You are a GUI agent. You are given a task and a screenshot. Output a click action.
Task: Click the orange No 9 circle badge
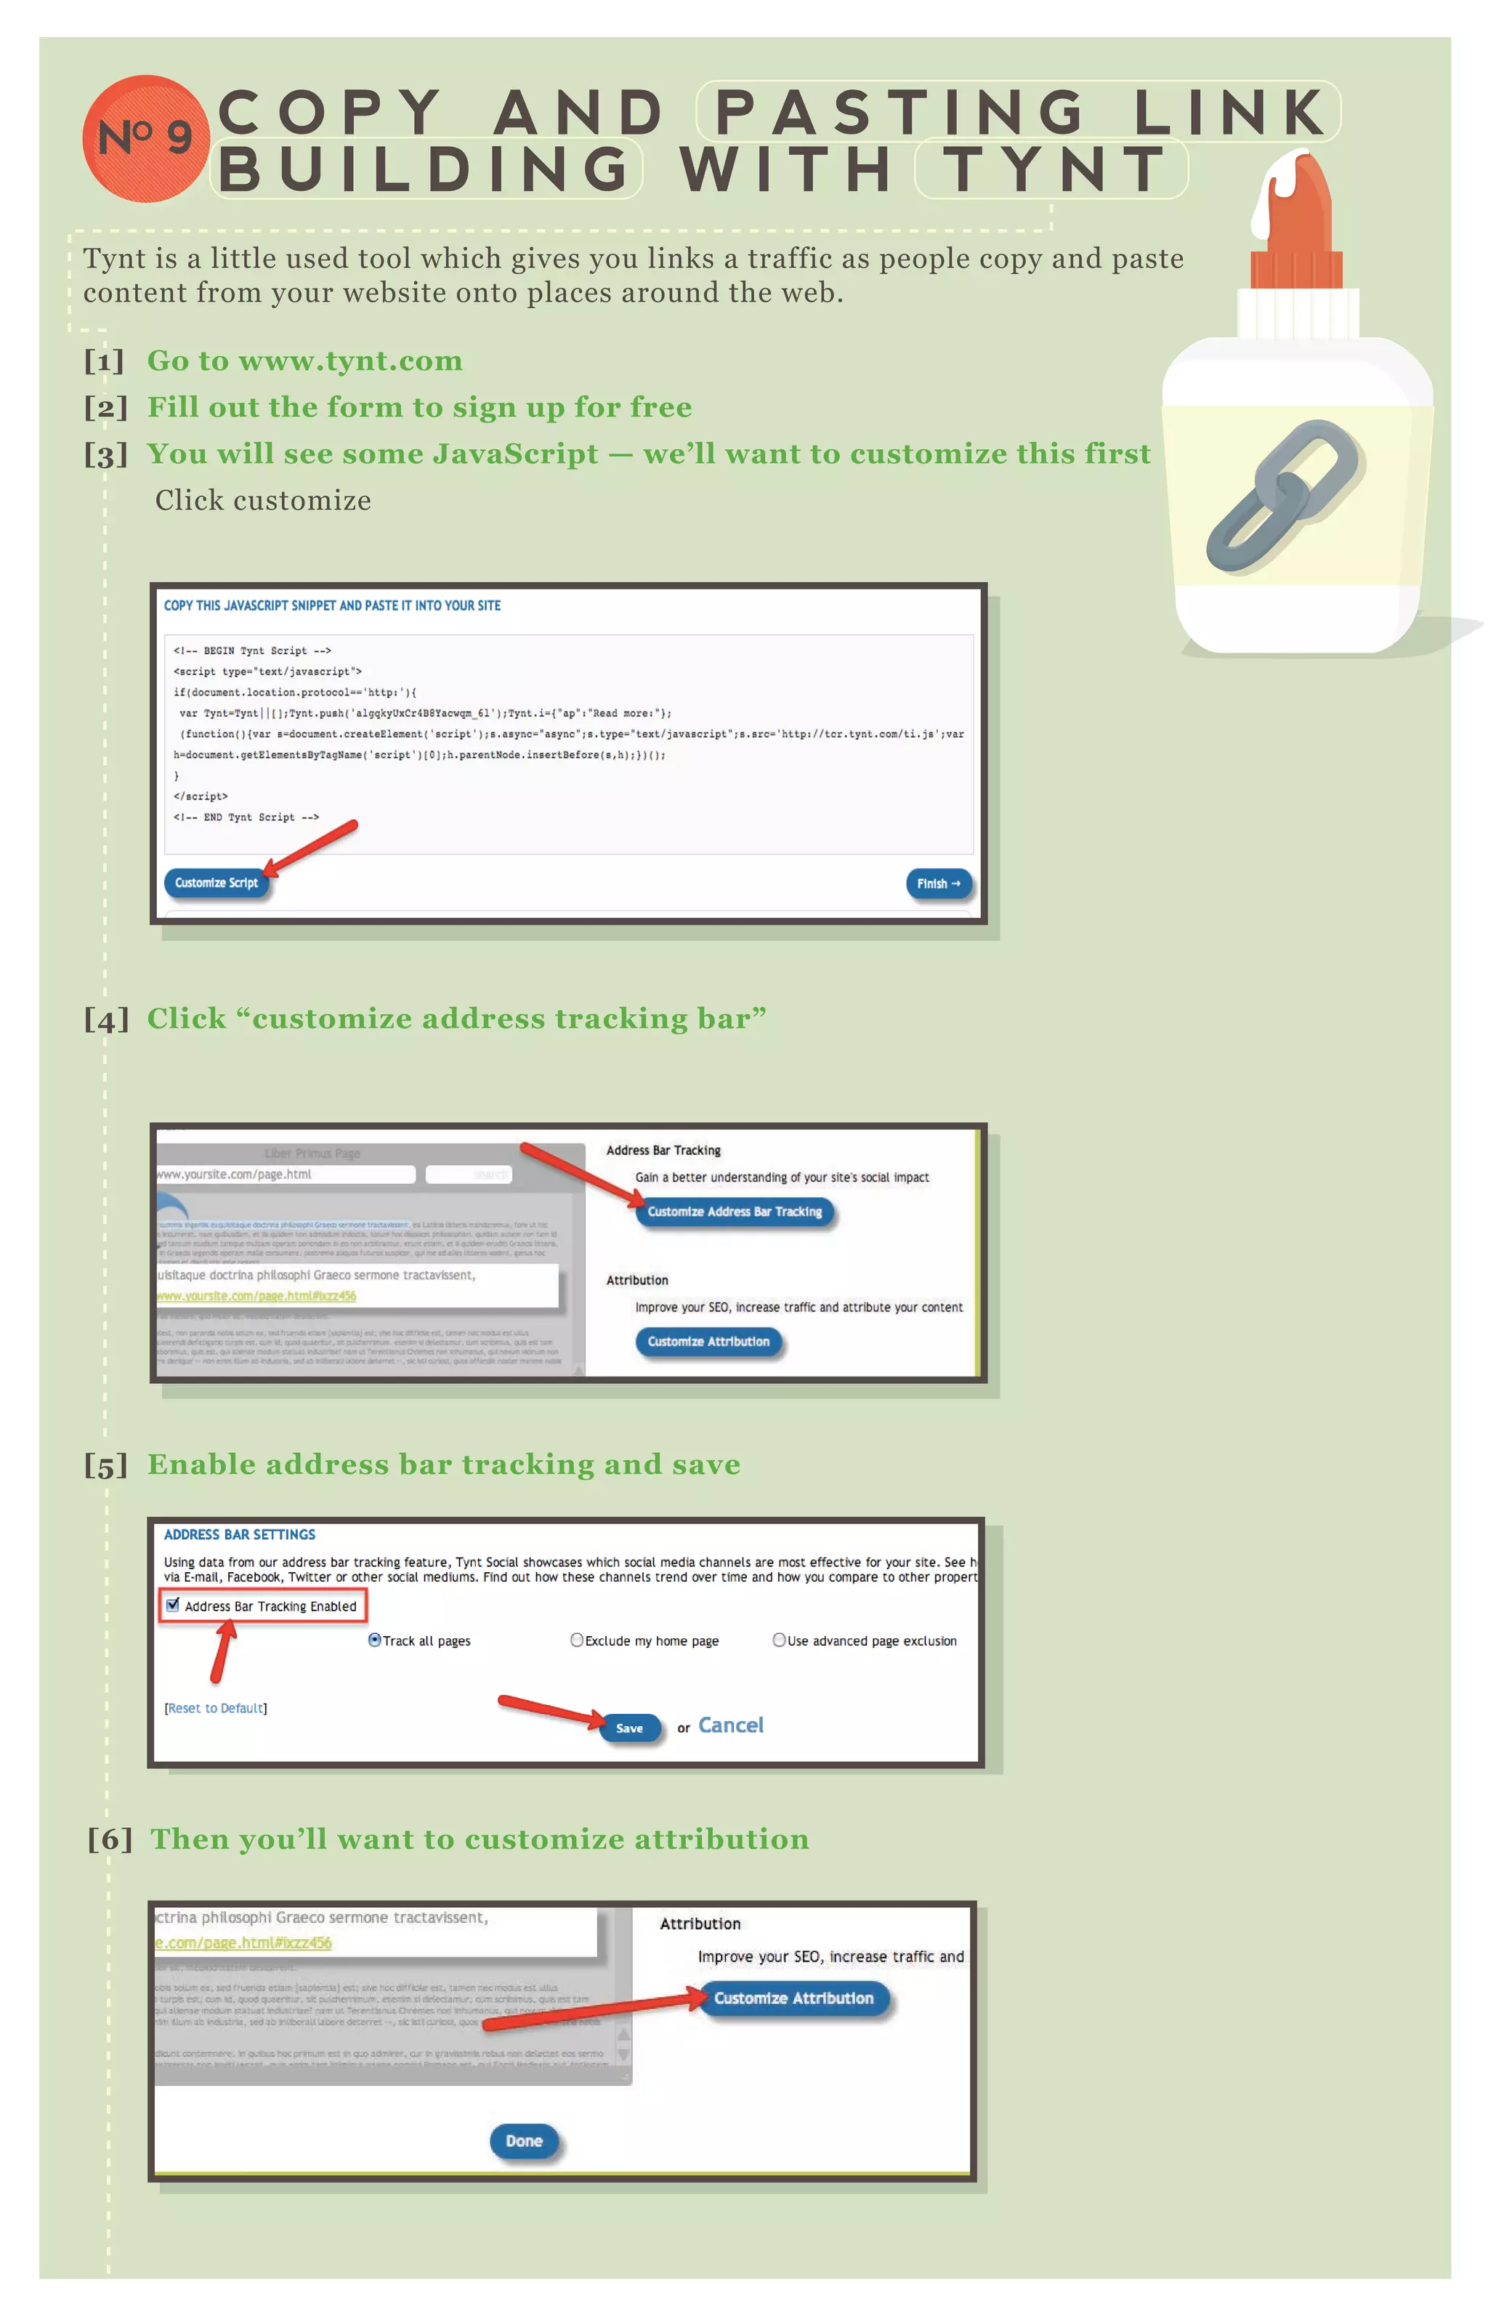(145, 138)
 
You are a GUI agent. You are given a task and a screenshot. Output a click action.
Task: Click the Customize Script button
(217, 883)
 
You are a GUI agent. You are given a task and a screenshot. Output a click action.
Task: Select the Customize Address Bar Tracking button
(735, 1212)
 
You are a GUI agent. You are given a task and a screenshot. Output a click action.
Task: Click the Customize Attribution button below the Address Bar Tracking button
(708, 1342)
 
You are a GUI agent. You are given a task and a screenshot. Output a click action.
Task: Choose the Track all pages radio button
(375, 1640)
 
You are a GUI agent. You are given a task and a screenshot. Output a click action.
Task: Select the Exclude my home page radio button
(577, 1640)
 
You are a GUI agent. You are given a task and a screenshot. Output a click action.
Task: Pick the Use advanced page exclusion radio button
(779, 1640)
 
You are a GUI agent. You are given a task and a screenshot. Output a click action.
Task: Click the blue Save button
(629, 1728)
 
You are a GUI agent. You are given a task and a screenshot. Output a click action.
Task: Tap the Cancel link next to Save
(730, 1725)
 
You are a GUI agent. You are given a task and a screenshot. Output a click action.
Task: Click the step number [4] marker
(106, 1020)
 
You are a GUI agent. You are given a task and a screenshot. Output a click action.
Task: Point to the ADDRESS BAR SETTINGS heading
(240, 1534)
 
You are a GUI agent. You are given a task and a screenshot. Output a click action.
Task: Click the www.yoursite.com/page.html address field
(285, 1175)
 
